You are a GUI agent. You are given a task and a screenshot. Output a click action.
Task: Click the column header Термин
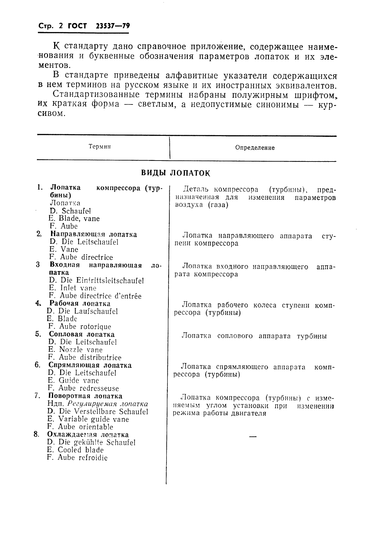[x=100, y=147]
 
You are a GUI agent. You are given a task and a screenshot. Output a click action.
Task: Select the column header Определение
[x=255, y=148]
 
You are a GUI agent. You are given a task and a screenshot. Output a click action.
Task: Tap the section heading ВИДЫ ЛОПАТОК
[x=175, y=173]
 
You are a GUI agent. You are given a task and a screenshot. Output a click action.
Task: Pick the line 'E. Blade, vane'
[x=74, y=219]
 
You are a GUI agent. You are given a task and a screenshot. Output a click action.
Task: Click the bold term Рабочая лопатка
[x=80, y=303]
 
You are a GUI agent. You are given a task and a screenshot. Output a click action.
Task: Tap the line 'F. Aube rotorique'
[x=80, y=327]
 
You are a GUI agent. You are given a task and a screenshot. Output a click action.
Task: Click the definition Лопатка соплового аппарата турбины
[x=254, y=336]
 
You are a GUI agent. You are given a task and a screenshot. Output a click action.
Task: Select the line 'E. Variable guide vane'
[x=88, y=419]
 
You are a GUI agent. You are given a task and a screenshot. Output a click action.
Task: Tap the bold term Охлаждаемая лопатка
[x=88, y=435]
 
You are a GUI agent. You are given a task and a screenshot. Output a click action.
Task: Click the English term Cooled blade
[x=81, y=450]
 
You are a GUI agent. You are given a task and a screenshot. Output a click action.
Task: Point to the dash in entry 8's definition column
[x=253, y=437]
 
